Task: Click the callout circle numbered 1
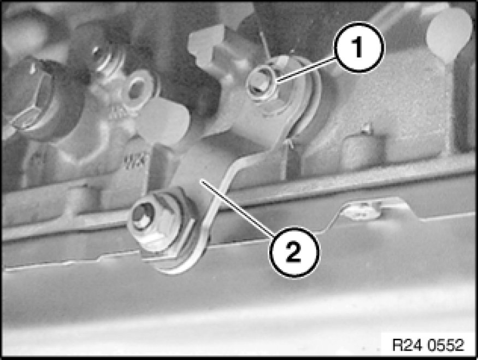[x=359, y=47]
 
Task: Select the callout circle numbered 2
[x=294, y=252]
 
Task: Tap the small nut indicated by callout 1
[x=261, y=82]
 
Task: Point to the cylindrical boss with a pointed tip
[x=363, y=146]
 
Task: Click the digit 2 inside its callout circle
[x=294, y=252]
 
